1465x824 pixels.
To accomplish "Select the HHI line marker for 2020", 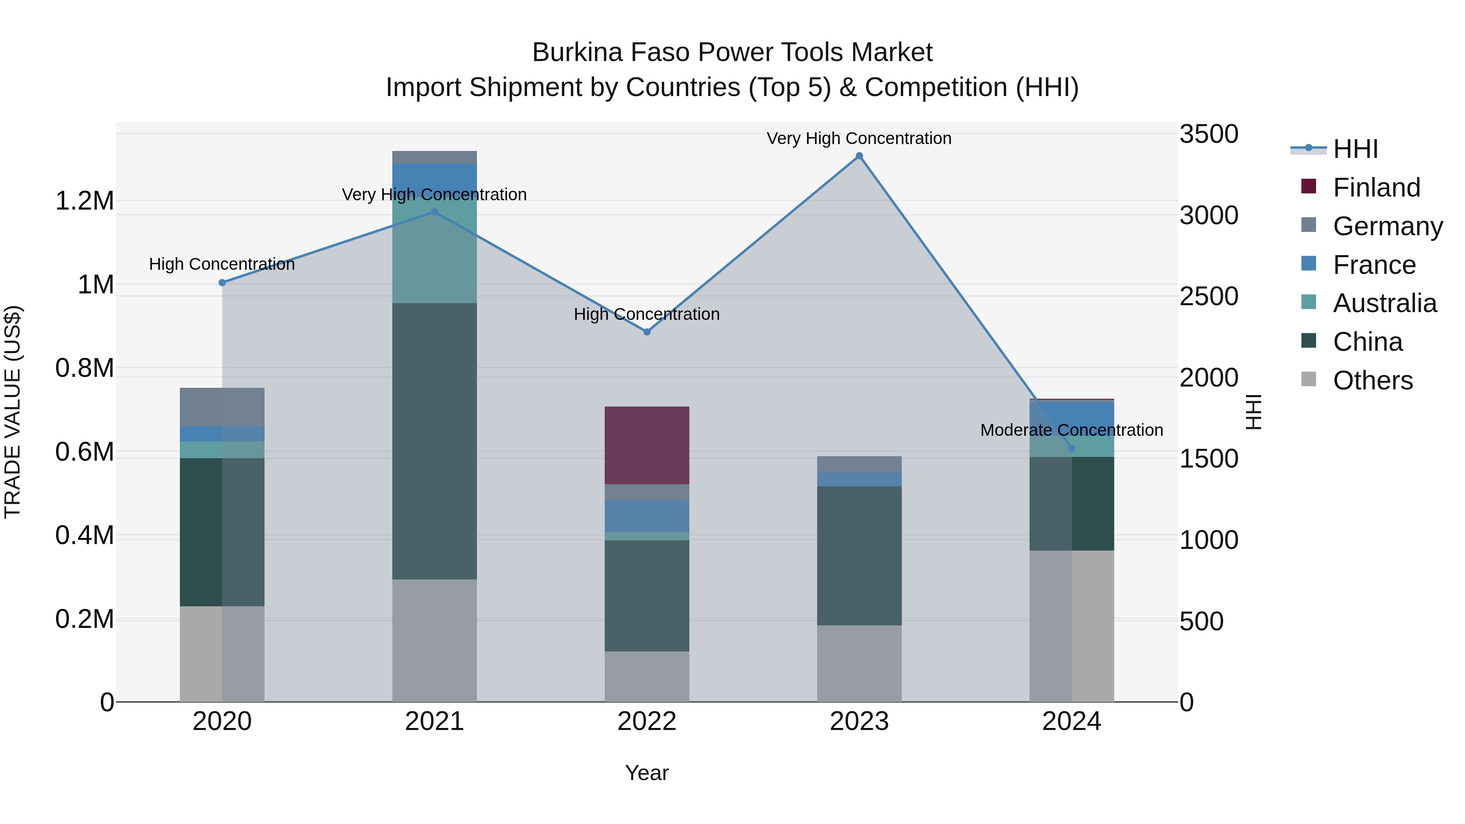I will coord(222,283).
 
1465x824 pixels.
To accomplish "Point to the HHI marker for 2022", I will coord(647,332).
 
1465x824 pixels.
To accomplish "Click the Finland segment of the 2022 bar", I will coord(647,445).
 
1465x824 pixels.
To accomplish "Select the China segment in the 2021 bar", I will coord(435,441).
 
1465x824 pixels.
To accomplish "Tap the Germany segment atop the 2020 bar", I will coord(222,407).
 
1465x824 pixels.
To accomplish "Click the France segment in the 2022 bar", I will coord(647,516).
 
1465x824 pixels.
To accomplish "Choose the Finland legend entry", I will coord(1376,188).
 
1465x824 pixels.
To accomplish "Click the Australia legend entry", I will coord(1384,303).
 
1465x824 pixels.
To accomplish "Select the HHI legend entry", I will coord(1355,149).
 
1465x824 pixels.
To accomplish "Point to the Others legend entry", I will coord(1372,380).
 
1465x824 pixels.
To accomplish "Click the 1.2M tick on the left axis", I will coord(85,201).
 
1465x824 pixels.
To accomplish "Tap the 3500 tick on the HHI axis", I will coord(1209,134).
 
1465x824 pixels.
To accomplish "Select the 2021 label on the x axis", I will coord(435,721).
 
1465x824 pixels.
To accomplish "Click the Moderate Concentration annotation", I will coord(1071,431).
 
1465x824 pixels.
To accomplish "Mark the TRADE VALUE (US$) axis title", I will coord(13,412).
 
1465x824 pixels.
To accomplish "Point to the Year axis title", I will coord(647,773).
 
